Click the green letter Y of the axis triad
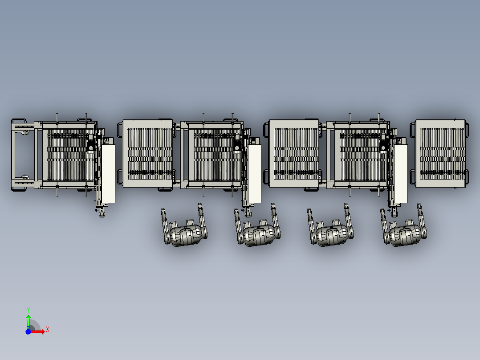[28, 310]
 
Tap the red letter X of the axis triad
[48, 330]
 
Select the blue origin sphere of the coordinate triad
[28, 331]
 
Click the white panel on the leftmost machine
[108, 174]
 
